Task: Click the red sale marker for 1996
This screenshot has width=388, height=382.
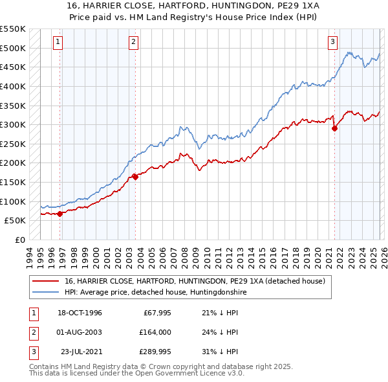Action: click(60, 213)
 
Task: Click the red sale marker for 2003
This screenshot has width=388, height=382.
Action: click(135, 176)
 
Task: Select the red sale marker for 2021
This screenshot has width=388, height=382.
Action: click(334, 128)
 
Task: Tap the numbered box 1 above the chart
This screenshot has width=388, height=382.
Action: click(58, 42)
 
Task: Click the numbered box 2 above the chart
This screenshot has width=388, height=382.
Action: click(133, 42)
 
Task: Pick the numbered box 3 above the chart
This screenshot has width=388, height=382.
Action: click(333, 42)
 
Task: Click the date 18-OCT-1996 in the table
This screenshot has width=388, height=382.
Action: click(80, 313)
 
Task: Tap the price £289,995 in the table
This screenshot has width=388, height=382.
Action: click(155, 352)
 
